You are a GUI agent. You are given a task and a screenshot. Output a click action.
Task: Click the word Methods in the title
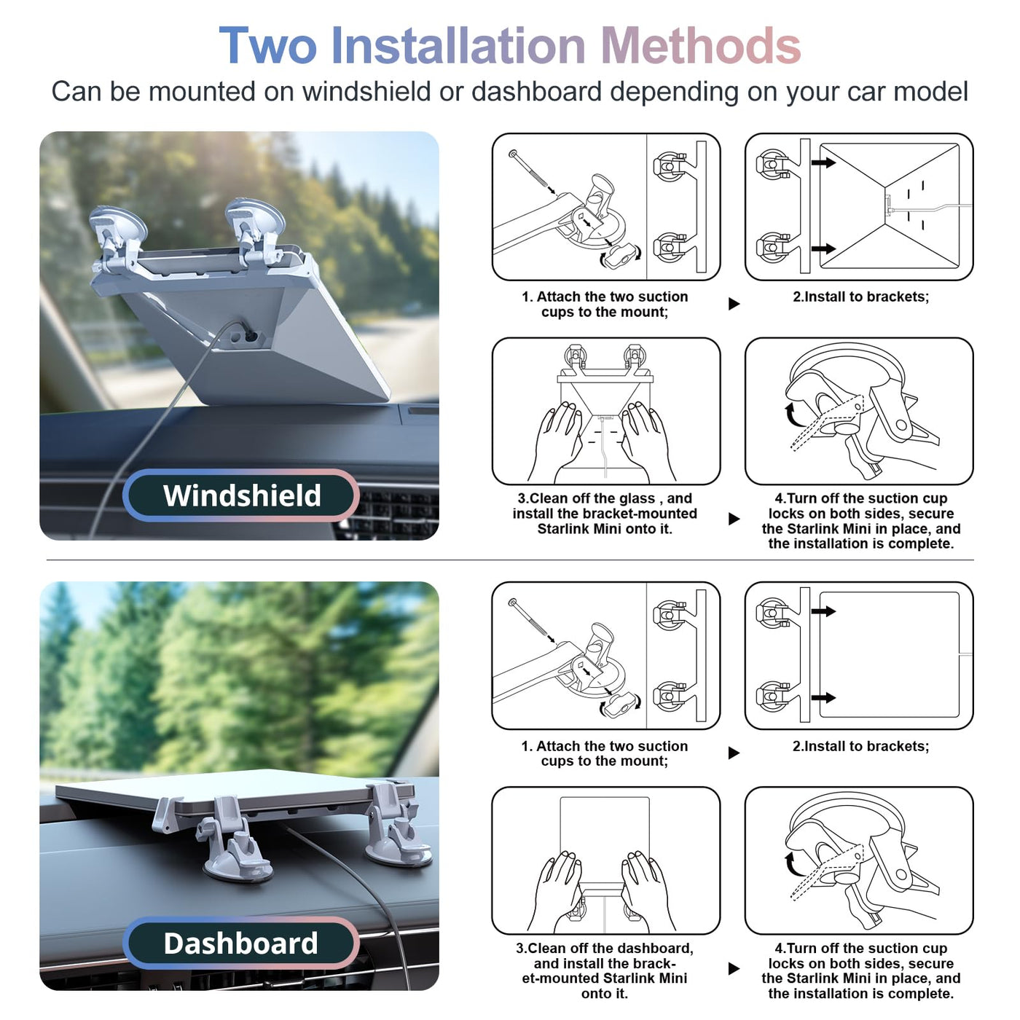(701, 46)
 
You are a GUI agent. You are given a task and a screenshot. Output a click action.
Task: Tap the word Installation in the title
(458, 46)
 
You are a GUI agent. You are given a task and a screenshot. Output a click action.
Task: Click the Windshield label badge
(241, 495)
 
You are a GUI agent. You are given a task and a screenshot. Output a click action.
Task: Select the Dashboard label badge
(241, 943)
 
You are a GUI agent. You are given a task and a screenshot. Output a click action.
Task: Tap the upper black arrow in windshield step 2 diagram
(823, 162)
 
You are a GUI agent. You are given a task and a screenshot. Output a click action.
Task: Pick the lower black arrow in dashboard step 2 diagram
(823, 698)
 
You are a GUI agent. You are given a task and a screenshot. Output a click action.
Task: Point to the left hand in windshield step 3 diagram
(556, 440)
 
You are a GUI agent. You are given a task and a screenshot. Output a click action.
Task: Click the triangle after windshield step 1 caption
(734, 304)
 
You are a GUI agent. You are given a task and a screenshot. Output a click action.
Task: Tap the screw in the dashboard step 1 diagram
(530, 619)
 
